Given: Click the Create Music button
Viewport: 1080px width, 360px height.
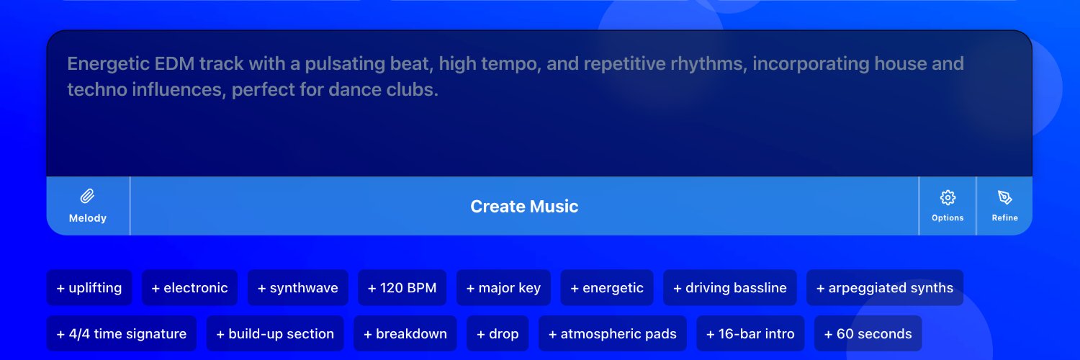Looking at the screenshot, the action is pyautogui.click(x=524, y=206).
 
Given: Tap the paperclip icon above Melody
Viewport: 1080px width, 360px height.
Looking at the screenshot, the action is pyautogui.click(x=87, y=196).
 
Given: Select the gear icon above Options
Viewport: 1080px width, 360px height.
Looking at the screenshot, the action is pyautogui.click(x=948, y=197).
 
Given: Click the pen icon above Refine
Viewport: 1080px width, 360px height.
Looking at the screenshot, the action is pyautogui.click(x=1005, y=197).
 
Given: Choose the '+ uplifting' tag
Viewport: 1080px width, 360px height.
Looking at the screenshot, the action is pyautogui.click(x=89, y=288).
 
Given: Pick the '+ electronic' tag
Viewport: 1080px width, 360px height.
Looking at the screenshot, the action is pyautogui.click(x=189, y=288).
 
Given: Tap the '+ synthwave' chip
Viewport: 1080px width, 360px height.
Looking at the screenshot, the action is pyautogui.click(x=298, y=288).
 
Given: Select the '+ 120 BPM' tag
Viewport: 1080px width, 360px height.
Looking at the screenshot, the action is pyautogui.click(x=402, y=288).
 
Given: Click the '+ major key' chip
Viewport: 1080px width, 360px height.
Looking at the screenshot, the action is pyautogui.click(x=503, y=288).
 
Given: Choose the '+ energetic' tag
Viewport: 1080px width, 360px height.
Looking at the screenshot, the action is pyautogui.click(x=607, y=288).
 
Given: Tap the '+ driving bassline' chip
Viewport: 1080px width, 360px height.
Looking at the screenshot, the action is pyautogui.click(x=730, y=288).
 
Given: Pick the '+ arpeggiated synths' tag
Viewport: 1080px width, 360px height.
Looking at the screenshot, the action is pyautogui.click(x=885, y=288).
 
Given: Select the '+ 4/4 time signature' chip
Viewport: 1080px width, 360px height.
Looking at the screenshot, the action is pyautogui.click(x=122, y=333).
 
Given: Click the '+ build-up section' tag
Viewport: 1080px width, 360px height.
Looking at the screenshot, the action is pyautogui.click(x=275, y=333).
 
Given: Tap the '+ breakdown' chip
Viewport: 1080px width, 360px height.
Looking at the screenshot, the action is pyautogui.click(x=405, y=333).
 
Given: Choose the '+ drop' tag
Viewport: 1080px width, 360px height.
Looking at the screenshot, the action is pyautogui.click(x=498, y=333).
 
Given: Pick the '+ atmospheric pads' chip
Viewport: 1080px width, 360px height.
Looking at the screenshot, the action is pyautogui.click(x=612, y=333).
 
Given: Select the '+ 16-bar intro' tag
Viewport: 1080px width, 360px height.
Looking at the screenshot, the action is pyautogui.click(x=750, y=333).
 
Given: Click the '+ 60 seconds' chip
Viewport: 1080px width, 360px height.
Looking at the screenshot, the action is pyautogui.click(x=868, y=333).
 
